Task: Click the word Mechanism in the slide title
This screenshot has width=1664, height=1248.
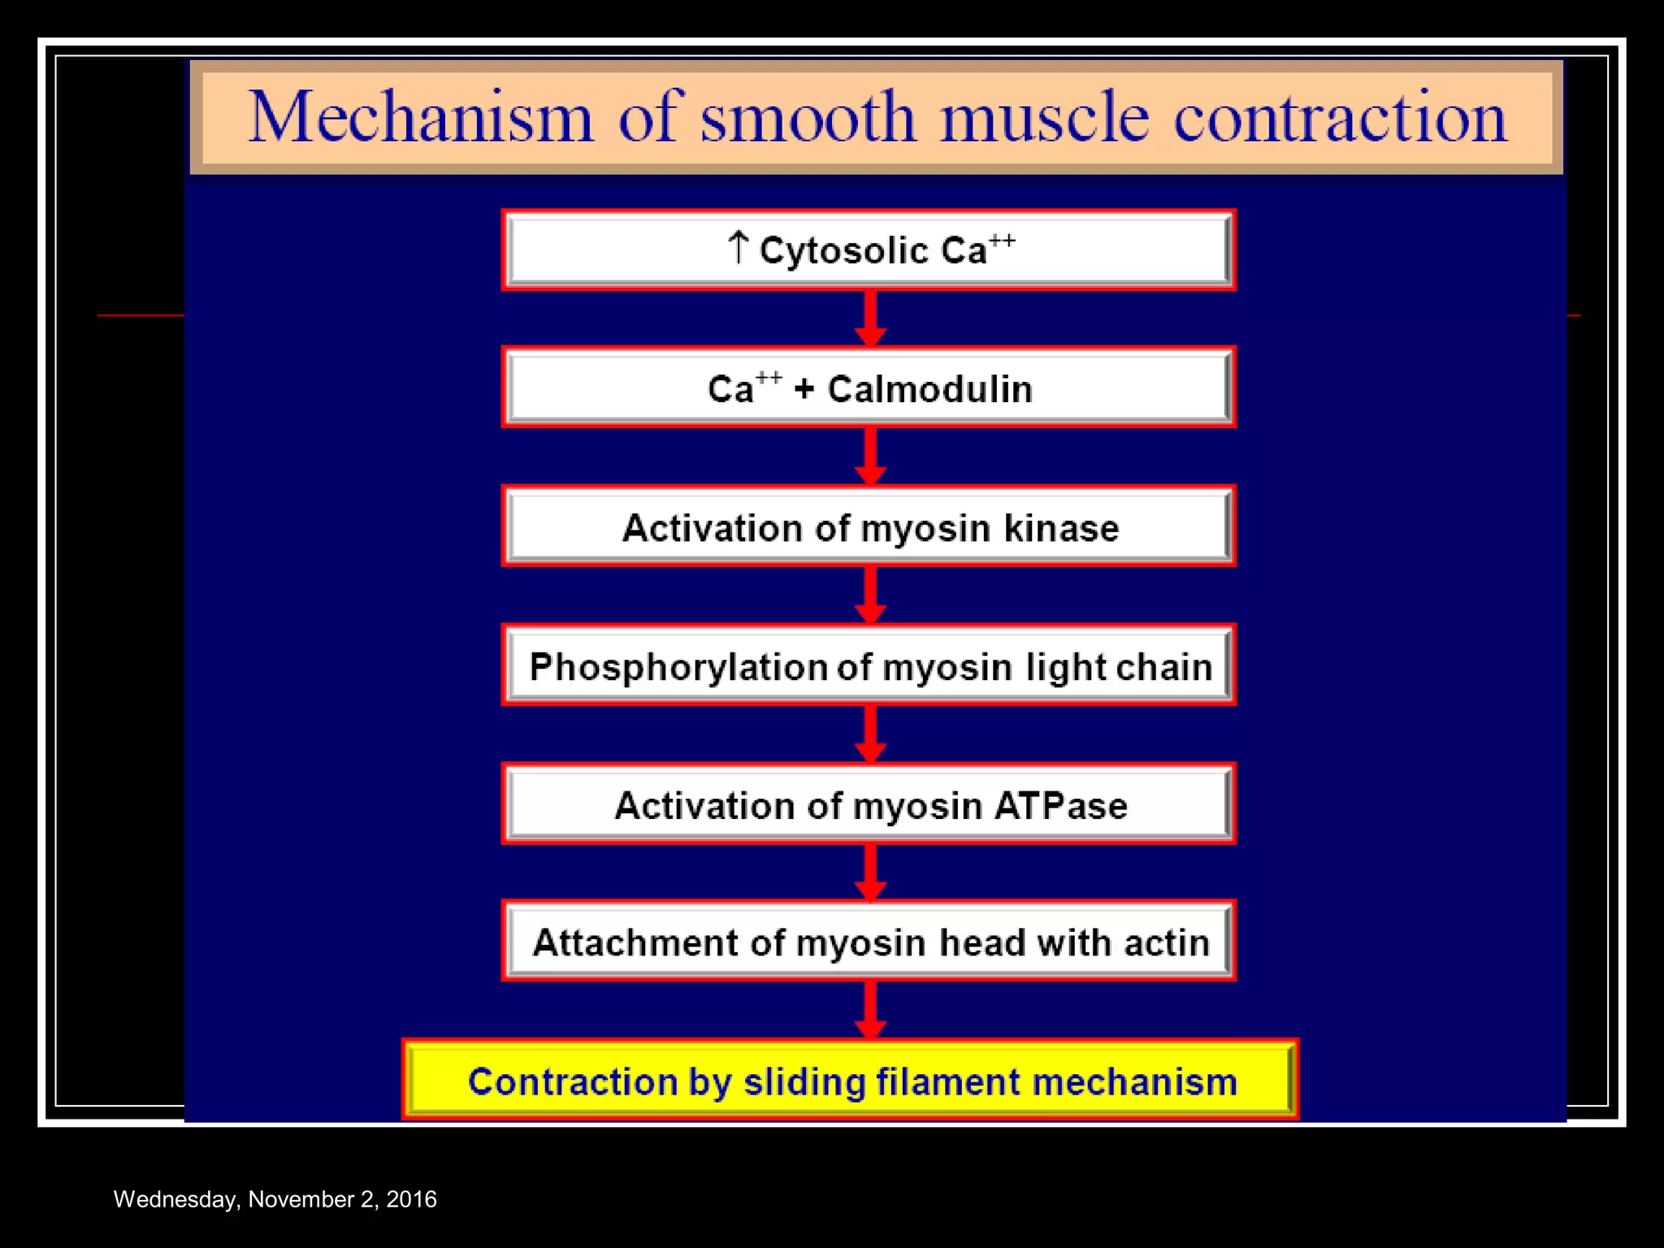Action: (x=420, y=118)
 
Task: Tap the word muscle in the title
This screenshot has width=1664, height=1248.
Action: (x=1045, y=118)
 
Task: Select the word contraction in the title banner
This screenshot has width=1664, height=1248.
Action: (x=1340, y=118)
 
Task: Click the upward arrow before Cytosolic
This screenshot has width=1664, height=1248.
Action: (x=737, y=247)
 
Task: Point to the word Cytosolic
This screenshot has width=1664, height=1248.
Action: (x=843, y=250)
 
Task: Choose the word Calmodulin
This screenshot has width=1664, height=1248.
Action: (x=929, y=389)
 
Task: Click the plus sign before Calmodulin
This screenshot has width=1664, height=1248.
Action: (x=804, y=389)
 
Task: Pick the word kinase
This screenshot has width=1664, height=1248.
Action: (x=1061, y=528)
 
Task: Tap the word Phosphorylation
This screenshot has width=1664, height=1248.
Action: (x=678, y=668)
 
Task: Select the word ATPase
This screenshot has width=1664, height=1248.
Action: (x=1061, y=806)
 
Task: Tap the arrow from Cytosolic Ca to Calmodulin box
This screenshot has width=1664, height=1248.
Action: (x=870, y=318)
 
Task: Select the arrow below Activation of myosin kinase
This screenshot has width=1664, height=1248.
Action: (x=870, y=596)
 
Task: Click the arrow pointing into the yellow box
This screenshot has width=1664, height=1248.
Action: (x=870, y=1010)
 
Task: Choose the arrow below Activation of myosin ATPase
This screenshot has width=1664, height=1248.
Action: (x=870, y=873)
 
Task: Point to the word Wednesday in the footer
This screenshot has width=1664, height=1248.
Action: (x=175, y=1199)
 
